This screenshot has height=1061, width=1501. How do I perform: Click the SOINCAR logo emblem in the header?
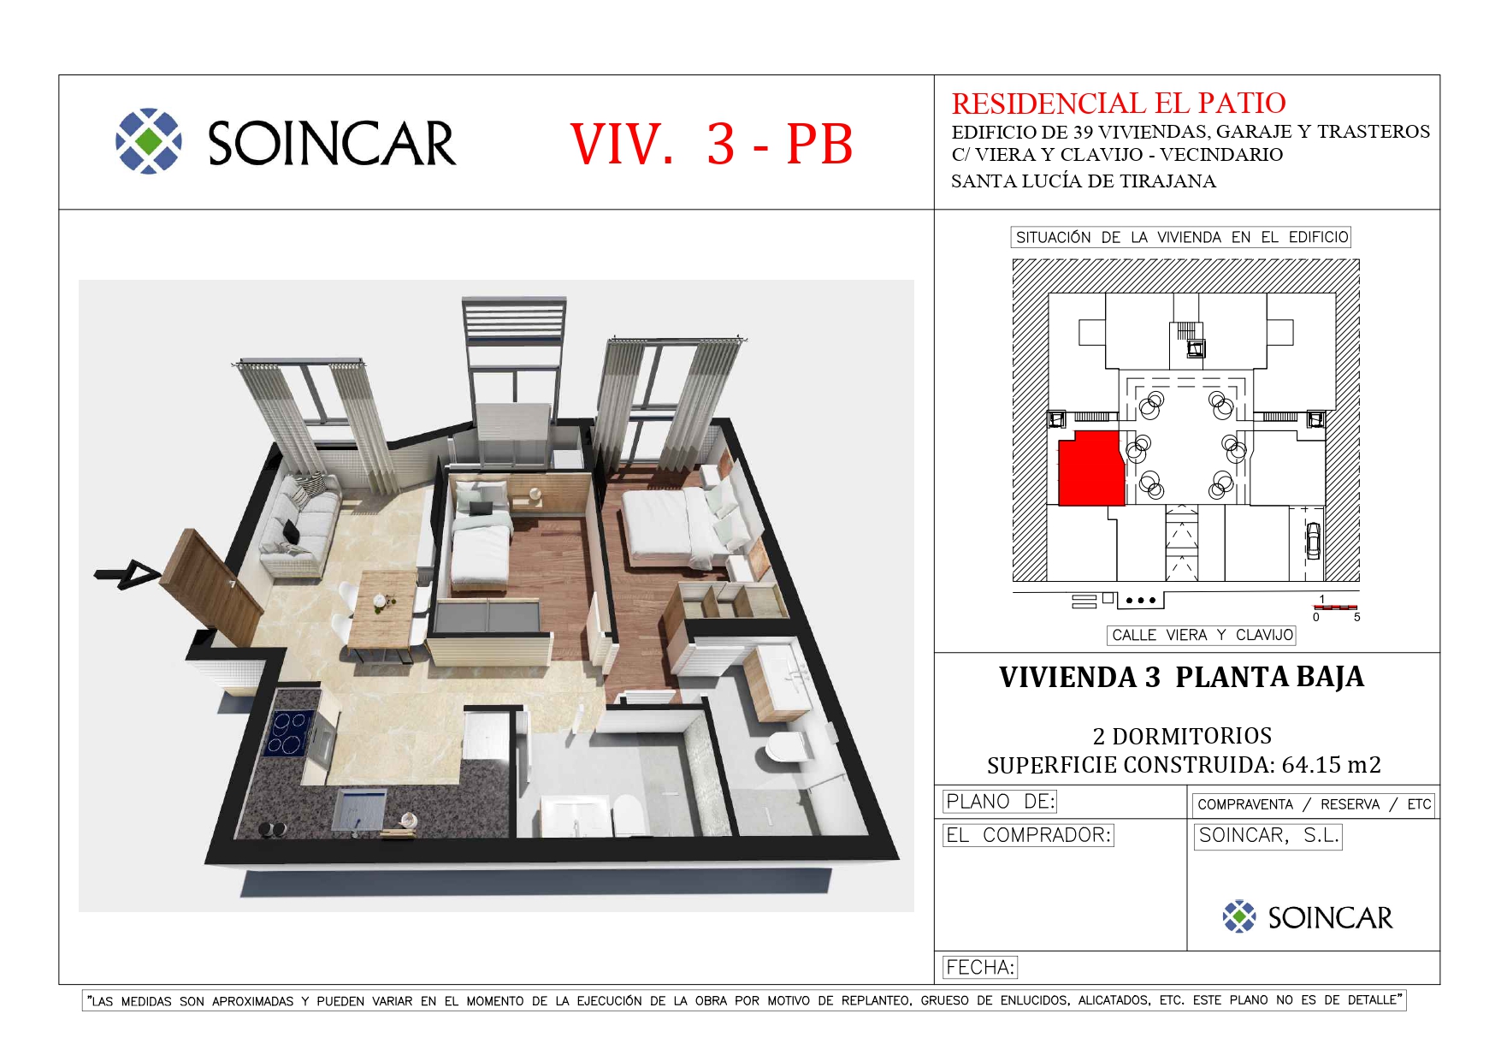pyautogui.click(x=149, y=141)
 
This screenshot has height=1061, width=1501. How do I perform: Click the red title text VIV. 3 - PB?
pyautogui.click(x=712, y=144)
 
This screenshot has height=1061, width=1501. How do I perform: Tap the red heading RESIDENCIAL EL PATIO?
pyautogui.click(x=1119, y=104)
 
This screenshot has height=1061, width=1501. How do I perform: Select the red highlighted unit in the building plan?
pyautogui.click(x=1090, y=468)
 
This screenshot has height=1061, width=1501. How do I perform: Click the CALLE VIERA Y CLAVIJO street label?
pyautogui.click(x=1202, y=635)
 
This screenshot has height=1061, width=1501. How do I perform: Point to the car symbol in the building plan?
pyautogui.click(x=1313, y=539)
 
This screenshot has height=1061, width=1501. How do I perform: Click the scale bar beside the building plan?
pyautogui.click(x=1336, y=608)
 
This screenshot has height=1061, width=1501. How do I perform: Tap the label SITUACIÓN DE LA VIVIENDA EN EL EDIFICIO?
pyautogui.click(x=1181, y=237)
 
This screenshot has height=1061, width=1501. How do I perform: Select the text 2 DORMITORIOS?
pyautogui.click(x=1182, y=736)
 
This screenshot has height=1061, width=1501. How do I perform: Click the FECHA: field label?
pyautogui.click(x=980, y=968)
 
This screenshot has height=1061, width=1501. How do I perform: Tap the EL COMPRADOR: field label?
pyautogui.click(x=1028, y=835)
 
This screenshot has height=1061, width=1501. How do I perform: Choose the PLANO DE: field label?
pyautogui.click(x=1000, y=802)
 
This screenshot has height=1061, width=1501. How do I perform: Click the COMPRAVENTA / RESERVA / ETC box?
pyautogui.click(x=1314, y=804)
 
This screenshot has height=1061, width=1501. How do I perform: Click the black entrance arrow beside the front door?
pyautogui.click(x=127, y=574)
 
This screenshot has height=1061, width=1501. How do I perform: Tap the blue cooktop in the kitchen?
pyautogui.click(x=287, y=734)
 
